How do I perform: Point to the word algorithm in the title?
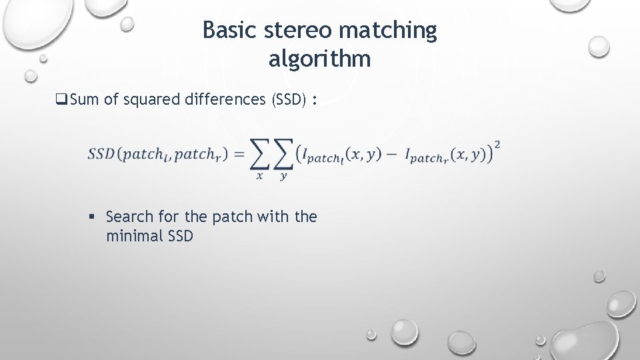(x=319, y=59)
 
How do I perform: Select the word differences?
(x=227, y=100)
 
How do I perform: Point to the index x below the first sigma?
(x=260, y=177)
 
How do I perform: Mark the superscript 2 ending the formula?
(x=498, y=144)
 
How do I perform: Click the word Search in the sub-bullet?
(x=129, y=217)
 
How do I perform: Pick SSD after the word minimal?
(x=179, y=235)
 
